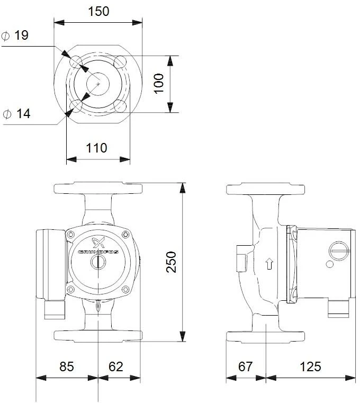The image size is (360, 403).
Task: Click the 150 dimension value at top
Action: click(x=98, y=11)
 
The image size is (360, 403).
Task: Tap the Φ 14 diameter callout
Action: click(x=16, y=114)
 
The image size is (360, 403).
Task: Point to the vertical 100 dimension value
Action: click(x=159, y=84)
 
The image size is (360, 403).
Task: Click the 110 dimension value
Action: click(x=96, y=148)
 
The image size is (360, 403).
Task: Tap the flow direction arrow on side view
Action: click(x=269, y=263)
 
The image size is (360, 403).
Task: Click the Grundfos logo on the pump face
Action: click(x=98, y=248)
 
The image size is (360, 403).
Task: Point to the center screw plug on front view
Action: click(x=98, y=263)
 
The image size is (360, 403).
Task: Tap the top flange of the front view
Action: click(x=98, y=189)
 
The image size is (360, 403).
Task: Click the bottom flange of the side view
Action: click(x=265, y=336)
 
